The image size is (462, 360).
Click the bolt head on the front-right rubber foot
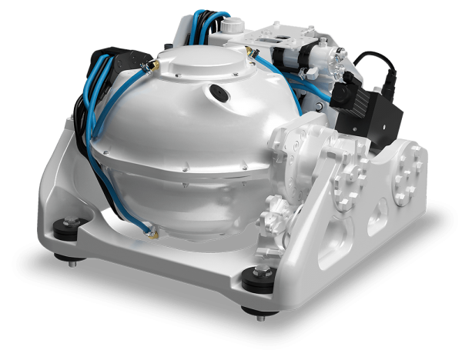(256, 271)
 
